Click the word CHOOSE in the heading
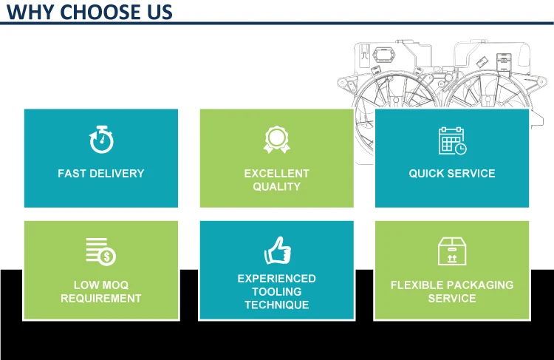coord(100,12)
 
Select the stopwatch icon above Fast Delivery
coord(101,139)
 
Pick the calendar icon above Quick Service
coord(452,140)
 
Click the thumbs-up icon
coord(277,250)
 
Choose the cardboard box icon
coord(452,251)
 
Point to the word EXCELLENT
coord(277,174)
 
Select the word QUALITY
coord(277,187)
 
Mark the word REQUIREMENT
coord(101,299)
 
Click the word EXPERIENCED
coord(277,279)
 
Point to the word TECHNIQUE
coord(277,305)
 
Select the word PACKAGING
coord(480,285)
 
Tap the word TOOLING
coord(277,292)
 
